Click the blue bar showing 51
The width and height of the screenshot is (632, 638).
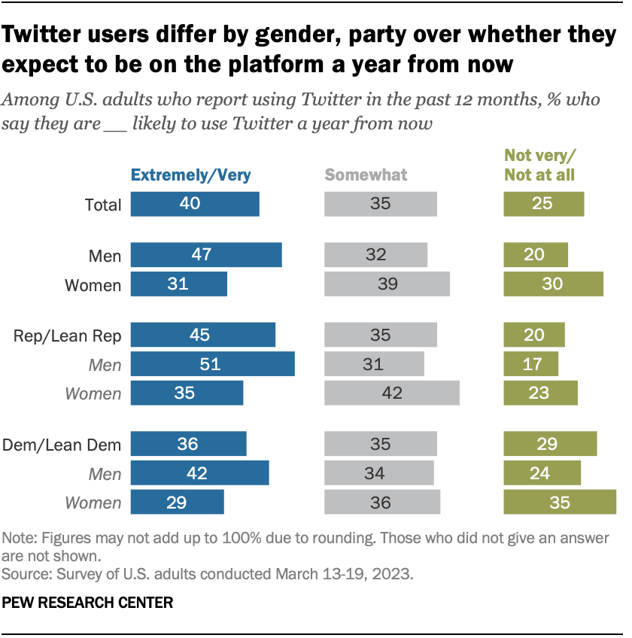click(212, 364)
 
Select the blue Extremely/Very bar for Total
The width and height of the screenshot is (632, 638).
click(195, 204)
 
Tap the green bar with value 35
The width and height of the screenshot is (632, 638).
click(559, 503)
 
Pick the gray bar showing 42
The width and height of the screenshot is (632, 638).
click(391, 393)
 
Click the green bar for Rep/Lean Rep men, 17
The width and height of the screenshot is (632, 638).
click(530, 364)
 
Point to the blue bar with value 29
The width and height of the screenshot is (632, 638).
click(177, 503)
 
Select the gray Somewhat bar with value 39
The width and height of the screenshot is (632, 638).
click(387, 284)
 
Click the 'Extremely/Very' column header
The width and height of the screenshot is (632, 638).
click(190, 175)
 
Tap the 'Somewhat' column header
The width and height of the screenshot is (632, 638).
click(366, 175)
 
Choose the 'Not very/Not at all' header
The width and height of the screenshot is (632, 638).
click(539, 166)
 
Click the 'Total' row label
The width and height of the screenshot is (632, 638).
click(103, 205)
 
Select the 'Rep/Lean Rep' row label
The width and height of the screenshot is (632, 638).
click(67, 336)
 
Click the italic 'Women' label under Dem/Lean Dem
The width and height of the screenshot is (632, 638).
click(93, 503)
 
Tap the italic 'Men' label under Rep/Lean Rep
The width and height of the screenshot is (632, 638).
click(105, 365)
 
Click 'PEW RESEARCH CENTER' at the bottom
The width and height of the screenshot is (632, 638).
click(88, 603)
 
